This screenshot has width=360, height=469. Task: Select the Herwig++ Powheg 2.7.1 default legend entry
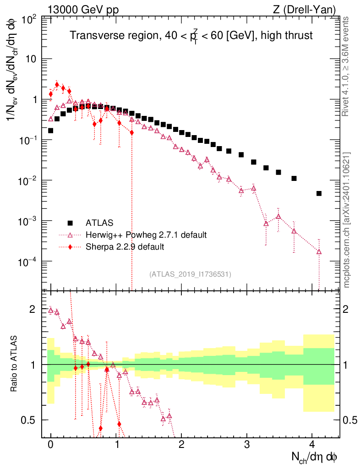coord(146,235)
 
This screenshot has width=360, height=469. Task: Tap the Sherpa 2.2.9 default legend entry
coord(125,247)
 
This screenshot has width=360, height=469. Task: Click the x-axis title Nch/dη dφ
coord(315,457)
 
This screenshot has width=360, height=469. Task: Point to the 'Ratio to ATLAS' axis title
coord(15,365)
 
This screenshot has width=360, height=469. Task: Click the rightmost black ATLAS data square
coord(319,193)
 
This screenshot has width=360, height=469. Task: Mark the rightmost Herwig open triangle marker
coord(319,251)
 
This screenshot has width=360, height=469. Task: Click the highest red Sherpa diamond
coord(57,84)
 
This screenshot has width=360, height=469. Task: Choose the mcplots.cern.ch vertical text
coord(347,220)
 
